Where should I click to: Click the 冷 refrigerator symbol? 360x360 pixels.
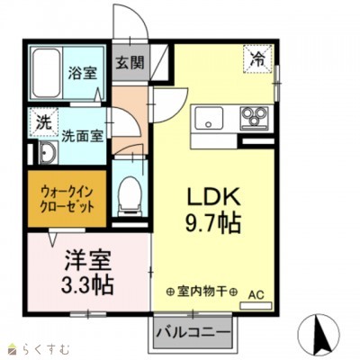click(x=256, y=60)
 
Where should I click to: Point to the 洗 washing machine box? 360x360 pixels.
click(x=43, y=121)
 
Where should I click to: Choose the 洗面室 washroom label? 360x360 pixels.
click(x=80, y=137)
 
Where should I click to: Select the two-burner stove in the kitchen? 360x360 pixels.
click(x=254, y=119)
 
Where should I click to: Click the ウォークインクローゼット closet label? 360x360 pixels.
click(x=67, y=199)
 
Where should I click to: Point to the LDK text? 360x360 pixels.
click(x=215, y=195)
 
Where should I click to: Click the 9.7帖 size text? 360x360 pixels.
click(x=215, y=222)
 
